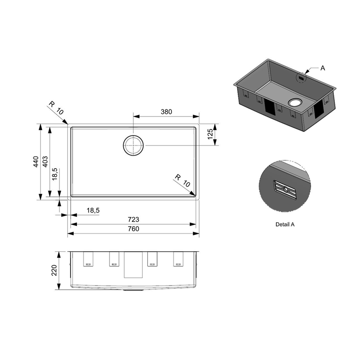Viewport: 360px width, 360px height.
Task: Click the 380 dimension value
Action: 166,112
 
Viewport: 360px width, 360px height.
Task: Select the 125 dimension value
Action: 210,134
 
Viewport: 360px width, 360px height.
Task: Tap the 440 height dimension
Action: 36,161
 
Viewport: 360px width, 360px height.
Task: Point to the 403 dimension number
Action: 45,161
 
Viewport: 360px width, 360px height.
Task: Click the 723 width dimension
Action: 133,219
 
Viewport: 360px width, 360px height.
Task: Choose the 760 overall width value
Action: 133,229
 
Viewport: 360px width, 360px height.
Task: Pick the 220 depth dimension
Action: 54,270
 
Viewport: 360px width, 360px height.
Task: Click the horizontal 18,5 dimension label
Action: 93,210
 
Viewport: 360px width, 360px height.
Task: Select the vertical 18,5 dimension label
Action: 55,174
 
